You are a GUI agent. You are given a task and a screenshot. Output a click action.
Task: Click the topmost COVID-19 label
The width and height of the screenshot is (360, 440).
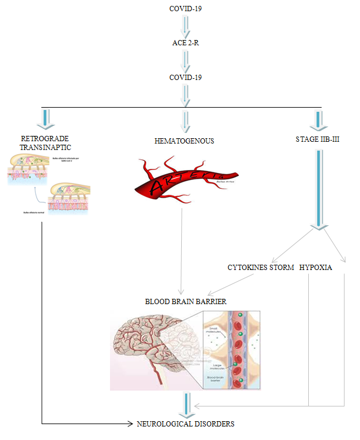tap(186, 8)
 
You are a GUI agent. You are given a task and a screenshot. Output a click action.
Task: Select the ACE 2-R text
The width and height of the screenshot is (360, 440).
tap(186, 43)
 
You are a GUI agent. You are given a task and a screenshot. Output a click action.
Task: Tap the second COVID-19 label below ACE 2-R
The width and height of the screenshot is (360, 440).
tap(186, 77)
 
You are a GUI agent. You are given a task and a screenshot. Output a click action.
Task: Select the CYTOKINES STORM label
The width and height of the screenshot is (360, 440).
tap(261, 267)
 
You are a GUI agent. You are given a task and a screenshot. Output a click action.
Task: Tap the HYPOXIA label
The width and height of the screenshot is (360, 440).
tap(315, 267)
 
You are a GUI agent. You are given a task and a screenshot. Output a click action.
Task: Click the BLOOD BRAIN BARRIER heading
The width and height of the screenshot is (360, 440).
tap(186, 301)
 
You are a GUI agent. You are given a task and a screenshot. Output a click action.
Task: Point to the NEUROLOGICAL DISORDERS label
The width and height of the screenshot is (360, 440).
tap(186, 424)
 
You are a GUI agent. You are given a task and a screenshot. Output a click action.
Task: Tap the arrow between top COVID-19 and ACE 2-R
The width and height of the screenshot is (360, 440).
tap(186, 25)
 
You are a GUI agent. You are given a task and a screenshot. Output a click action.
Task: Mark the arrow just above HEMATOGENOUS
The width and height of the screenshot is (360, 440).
tap(186, 121)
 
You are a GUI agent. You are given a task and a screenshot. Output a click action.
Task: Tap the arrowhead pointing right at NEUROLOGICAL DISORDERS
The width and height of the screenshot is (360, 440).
tap(131, 424)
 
